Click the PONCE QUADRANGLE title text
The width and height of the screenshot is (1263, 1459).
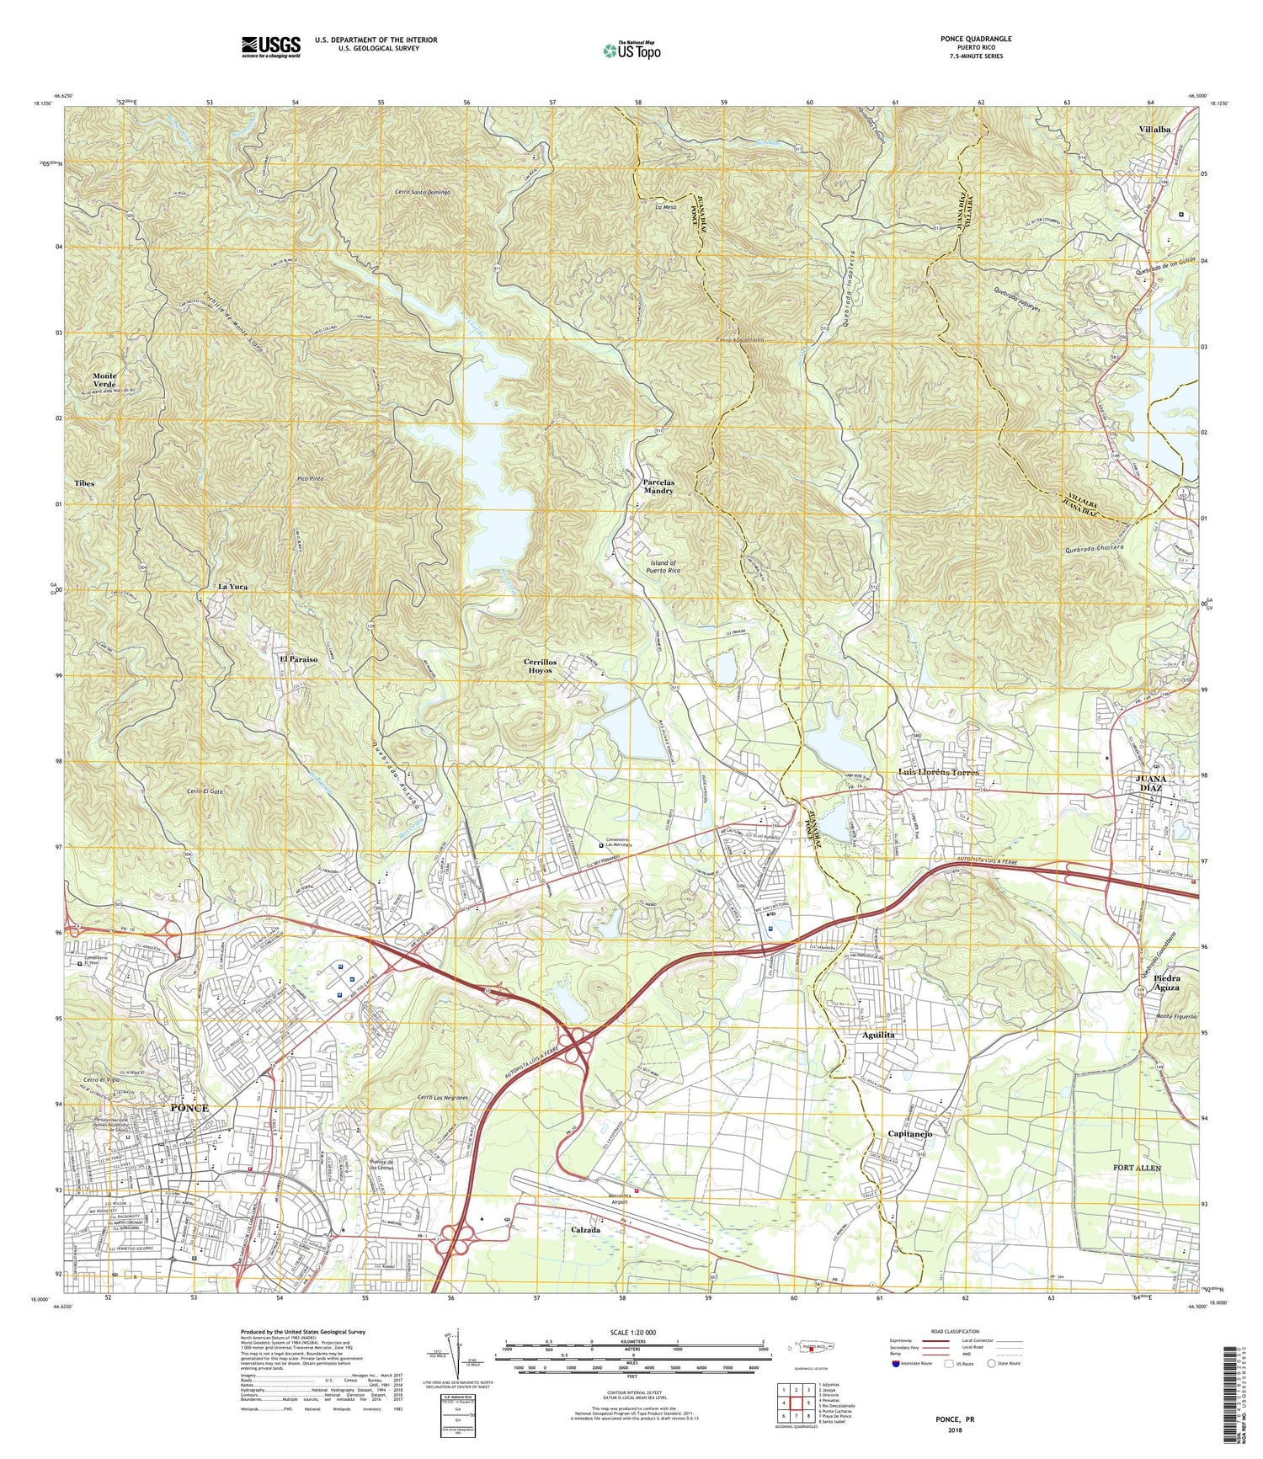(976, 39)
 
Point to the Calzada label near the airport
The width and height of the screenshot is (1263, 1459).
(585, 1230)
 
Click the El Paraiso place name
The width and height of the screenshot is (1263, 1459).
(298, 659)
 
